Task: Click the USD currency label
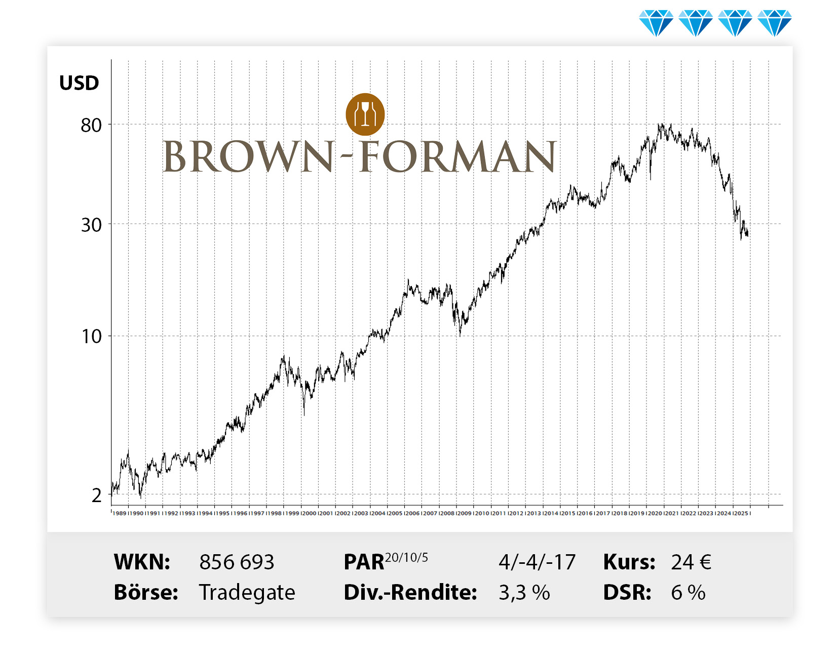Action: click(79, 83)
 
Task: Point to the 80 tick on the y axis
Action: click(91, 125)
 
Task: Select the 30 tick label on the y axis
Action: click(91, 225)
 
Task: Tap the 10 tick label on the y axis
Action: click(92, 337)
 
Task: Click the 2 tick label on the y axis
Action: click(97, 496)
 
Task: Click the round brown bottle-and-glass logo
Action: click(365, 114)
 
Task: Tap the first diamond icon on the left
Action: click(656, 23)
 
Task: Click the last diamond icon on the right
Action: click(775, 23)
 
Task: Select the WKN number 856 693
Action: click(237, 562)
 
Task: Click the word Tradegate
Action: click(247, 593)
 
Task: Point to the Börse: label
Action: click(146, 593)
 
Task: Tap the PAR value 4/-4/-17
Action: click(537, 562)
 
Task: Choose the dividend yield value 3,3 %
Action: click(524, 593)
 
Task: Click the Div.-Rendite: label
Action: click(410, 593)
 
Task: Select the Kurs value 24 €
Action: click(691, 562)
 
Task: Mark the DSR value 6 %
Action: click(688, 593)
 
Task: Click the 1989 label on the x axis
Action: click(120, 513)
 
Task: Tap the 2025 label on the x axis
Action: click(741, 513)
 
